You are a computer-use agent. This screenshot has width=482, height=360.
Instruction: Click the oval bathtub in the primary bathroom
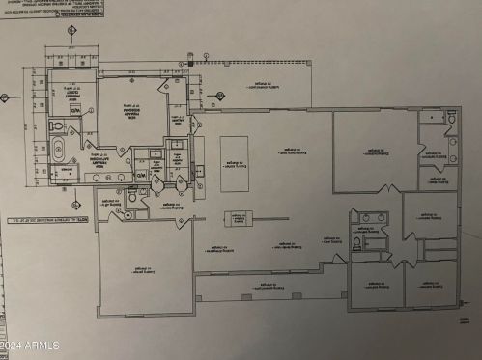point(61,150)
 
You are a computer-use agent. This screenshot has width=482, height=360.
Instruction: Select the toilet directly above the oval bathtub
point(59,125)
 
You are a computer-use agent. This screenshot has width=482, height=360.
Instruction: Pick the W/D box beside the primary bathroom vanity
point(141,175)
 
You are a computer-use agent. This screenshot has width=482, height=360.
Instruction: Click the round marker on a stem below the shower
point(74,204)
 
